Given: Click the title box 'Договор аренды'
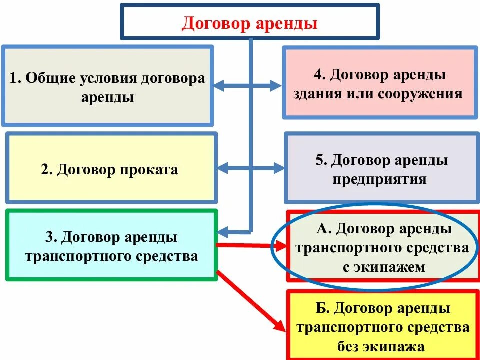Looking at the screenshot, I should pyautogui.click(x=250, y=22).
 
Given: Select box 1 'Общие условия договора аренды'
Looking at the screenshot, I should pyautogui.click(x=107, y=86).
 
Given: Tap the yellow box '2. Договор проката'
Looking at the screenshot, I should pyautogui.click(x=111, y=168).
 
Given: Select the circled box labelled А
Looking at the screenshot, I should pyautogui.click(x=383, y=247).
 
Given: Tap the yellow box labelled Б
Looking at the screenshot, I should pyautogui.click(x=383, y=325).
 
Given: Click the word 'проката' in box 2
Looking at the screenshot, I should pyautogui.click(x=148, y=170).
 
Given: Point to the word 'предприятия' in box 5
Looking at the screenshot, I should pyautogui.click(x=380, y=179).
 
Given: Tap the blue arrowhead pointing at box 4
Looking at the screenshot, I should pyautogui.click(x=276, y=85).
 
